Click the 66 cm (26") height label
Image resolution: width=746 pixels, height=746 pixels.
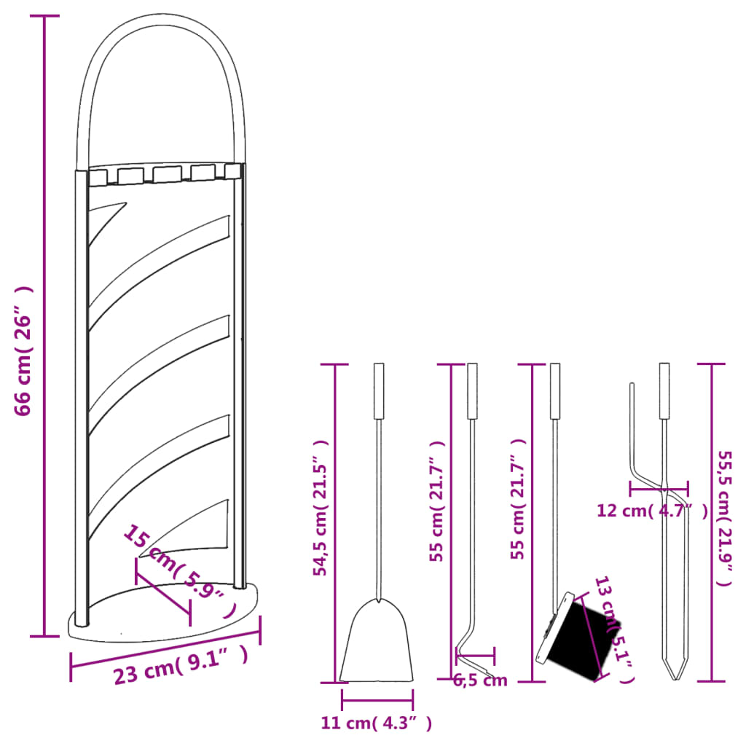(24, 350)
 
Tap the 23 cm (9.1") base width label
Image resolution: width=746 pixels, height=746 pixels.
(180, 667)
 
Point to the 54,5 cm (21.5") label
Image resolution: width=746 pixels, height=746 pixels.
(321, 508)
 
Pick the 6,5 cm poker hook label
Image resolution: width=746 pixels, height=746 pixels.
(480, 681)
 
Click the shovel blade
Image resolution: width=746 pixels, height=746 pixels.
(377, 645)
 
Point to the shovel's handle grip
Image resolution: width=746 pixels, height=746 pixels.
(379, 390)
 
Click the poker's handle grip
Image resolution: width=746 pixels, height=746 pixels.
(472, 390)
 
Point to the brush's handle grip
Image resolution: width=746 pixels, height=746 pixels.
(555, 390)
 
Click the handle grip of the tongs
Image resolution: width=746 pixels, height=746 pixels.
(664, 390)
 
